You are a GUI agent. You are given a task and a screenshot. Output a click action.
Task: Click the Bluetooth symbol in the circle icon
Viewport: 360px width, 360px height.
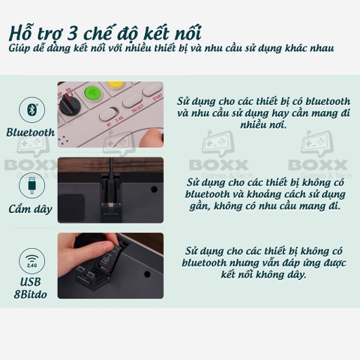[x=31, y=109]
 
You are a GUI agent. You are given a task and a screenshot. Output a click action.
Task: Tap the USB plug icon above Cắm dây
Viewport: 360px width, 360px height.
[x=31, y=183]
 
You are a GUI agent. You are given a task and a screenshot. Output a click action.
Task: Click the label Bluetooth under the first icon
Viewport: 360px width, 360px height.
[x=31, y=133]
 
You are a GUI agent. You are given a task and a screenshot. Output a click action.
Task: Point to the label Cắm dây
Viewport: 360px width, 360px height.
[x=31, y=208]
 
